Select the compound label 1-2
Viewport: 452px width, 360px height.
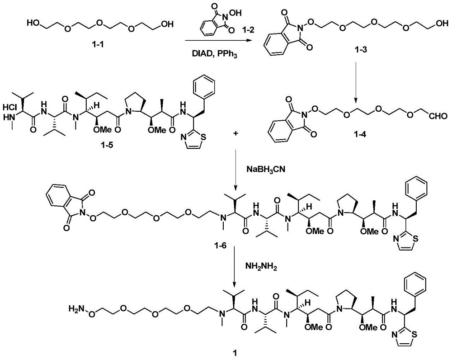pos(248,29)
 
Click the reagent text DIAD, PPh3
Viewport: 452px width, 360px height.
pos(214,54)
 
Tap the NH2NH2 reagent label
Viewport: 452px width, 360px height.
pos(261,267)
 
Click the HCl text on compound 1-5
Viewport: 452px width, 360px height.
pos(11,107)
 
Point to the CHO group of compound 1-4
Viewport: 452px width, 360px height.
pos(438,116)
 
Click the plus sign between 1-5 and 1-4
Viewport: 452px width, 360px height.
pos(236,134)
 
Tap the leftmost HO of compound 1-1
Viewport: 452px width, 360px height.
pos(34,23)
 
